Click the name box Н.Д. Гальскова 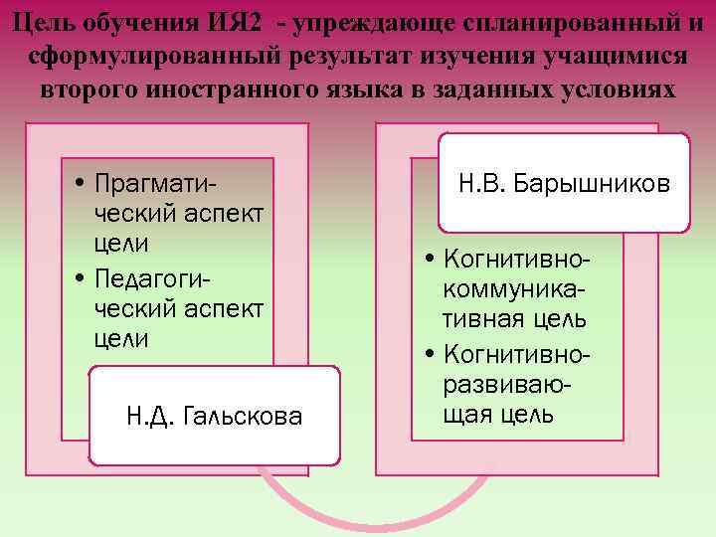coord(214,416)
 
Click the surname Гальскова coord(243,416)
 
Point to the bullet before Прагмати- coord(79,184)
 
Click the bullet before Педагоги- coord(79,275)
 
